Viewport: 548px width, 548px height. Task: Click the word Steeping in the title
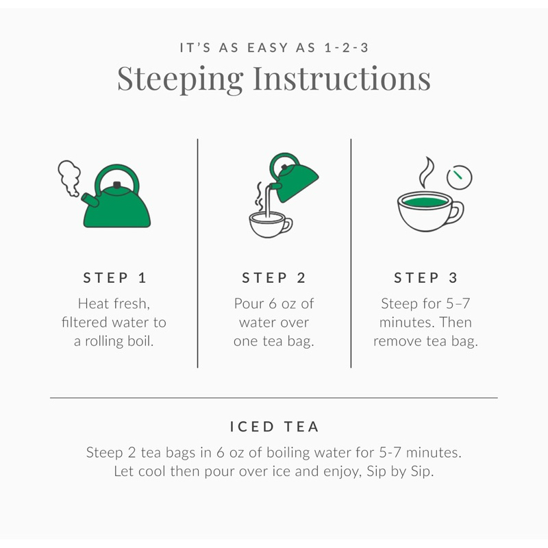180,79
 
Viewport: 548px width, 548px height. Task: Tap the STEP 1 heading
114,278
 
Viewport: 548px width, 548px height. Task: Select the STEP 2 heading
273,278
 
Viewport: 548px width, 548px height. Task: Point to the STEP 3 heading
425,278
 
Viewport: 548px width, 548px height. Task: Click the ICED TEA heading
274,427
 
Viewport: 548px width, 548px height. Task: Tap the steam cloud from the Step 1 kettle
69,177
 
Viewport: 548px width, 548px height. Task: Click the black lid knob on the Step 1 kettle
117,184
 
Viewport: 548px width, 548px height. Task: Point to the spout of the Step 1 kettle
90,199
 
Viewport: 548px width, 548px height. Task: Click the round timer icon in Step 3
459,177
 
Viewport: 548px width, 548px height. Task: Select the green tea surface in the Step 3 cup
425,202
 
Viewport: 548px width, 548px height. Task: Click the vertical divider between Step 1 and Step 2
197,253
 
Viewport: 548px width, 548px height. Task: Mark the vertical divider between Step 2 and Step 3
351,253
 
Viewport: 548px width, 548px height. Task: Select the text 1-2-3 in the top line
346,47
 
